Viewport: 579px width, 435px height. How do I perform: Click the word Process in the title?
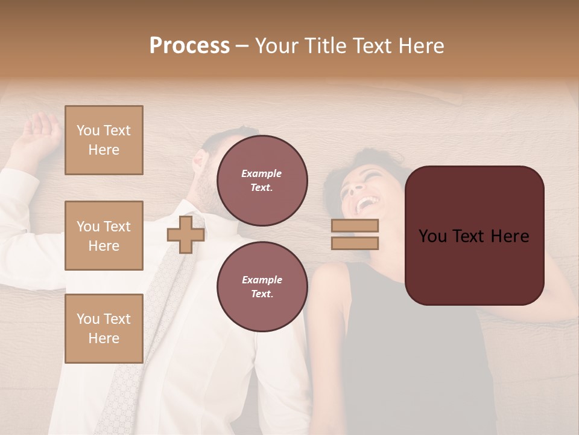point(189,46)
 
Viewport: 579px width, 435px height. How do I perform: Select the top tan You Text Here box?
point(104,140)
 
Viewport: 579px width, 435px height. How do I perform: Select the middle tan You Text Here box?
point(104,236)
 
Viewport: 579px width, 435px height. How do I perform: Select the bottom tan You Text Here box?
point(104,329)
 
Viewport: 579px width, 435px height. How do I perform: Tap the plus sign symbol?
point(185,235)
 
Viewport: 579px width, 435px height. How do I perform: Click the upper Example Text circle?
point(262,181)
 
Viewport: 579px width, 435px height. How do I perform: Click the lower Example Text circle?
point(262,287)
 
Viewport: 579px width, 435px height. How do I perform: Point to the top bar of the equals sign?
point(355,225)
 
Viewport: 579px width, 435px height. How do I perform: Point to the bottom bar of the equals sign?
point(355,243)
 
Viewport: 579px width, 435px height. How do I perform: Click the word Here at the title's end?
point(422,46)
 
